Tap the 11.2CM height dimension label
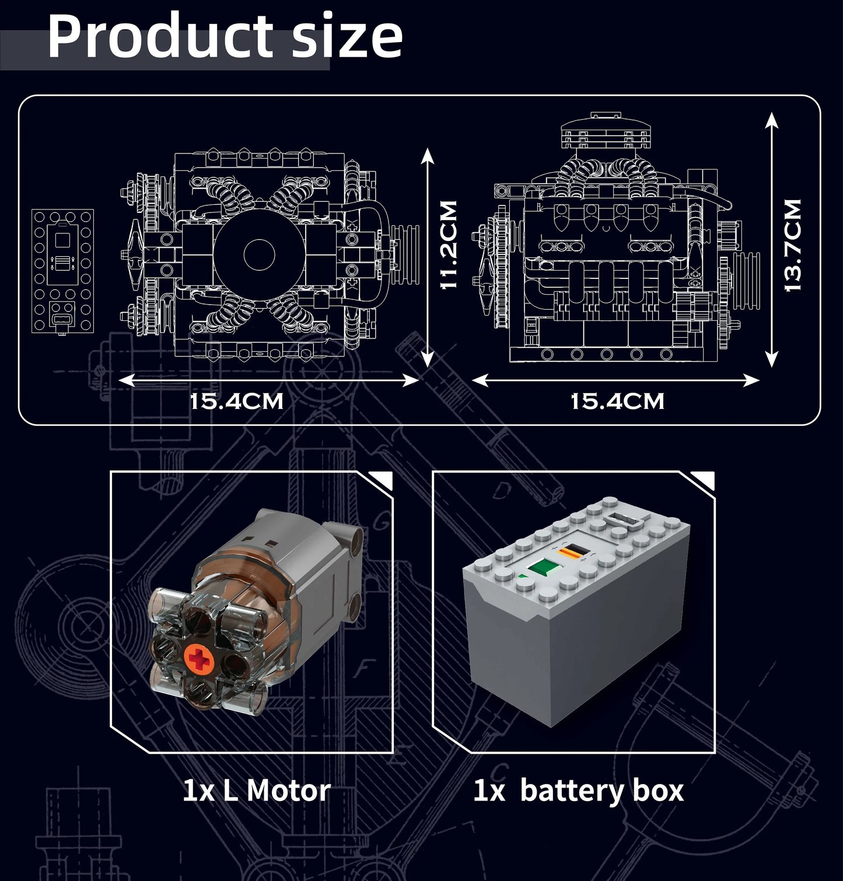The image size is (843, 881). (x=449, y=245)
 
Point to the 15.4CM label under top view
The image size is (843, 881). (x=237, y=401)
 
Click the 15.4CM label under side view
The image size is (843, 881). (x=617, y=401)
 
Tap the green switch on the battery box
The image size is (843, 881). (x=541, y=568)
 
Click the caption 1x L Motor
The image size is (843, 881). (x=256, y=791)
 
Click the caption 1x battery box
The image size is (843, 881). (x=578, y=791)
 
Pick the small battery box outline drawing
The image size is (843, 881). (x=62, y=271)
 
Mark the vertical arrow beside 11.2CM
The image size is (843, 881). (x=428, y=257)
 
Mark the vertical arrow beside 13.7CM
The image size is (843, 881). (x=772, y=239)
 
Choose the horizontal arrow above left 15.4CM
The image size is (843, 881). (x=268, y=380)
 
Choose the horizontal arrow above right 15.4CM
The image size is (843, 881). (x=615, y=380)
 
